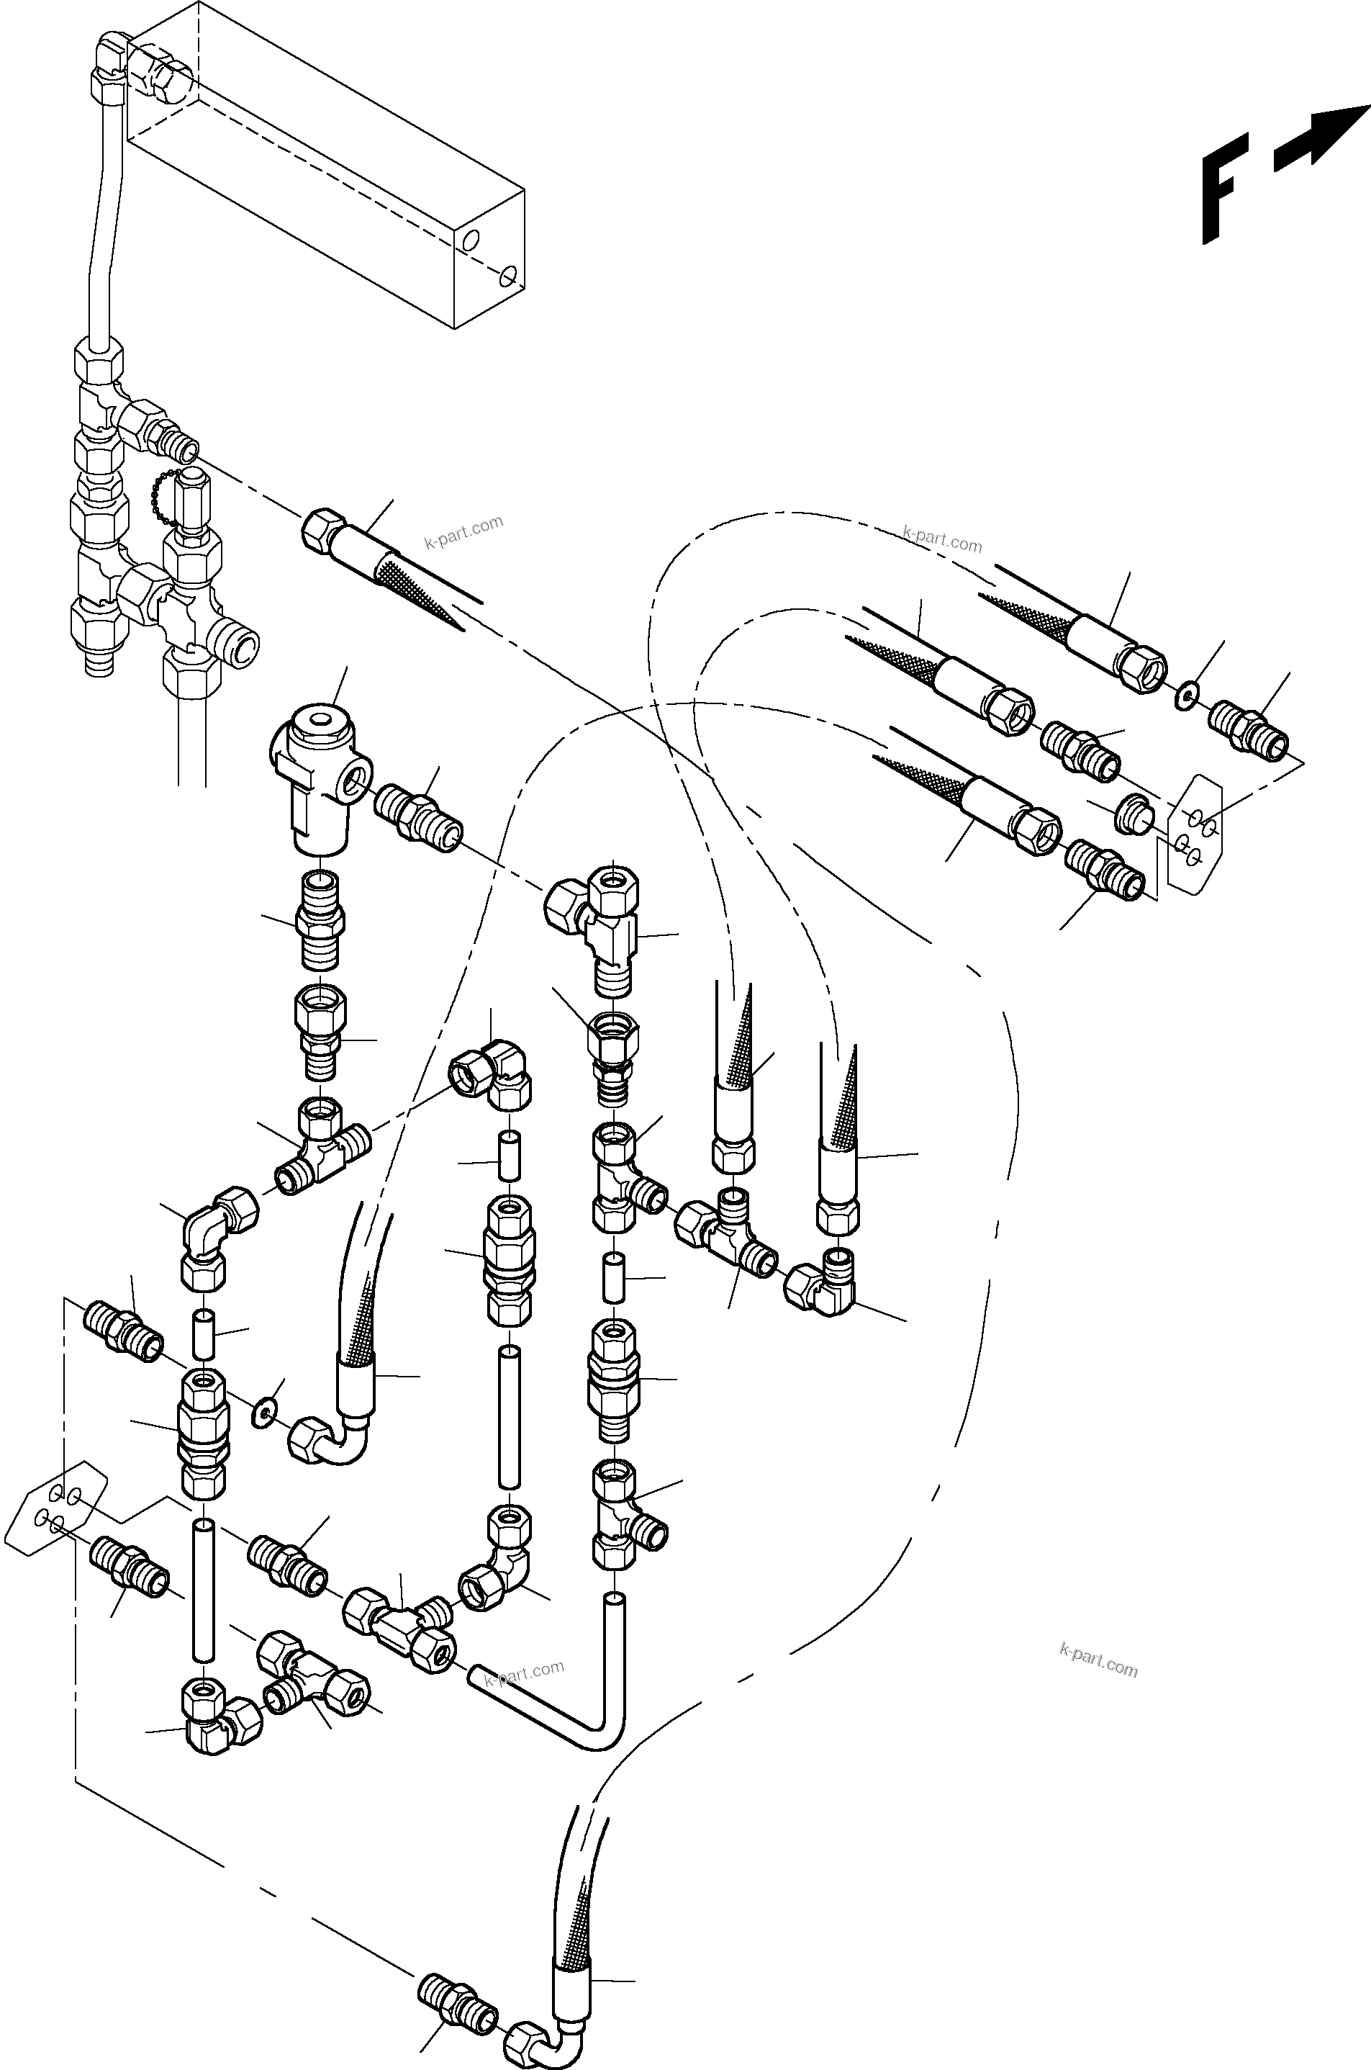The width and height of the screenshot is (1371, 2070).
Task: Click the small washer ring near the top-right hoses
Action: (x=1185, y=698)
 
